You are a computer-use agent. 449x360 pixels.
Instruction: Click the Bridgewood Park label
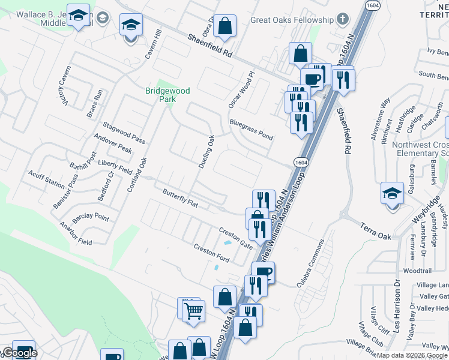click(x=167, y=95)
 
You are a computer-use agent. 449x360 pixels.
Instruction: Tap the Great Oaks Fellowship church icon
click(x=342, y=20)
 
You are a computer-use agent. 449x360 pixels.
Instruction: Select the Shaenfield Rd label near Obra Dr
click(x=209, y=45)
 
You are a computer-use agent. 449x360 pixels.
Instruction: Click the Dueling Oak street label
click(x=206, y=151)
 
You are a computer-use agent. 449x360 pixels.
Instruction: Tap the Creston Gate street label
click(x=236, y=238)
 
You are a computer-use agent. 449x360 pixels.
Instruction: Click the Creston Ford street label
click(x=211, y=254)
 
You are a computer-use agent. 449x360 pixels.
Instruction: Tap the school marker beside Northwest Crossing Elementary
click(x=392, y=194)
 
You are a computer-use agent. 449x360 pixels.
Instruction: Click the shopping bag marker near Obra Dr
click(x=224, y=26)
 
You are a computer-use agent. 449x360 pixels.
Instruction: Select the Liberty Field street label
click(x=115, y=167)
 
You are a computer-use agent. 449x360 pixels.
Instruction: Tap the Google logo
click(x=19, y=353)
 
